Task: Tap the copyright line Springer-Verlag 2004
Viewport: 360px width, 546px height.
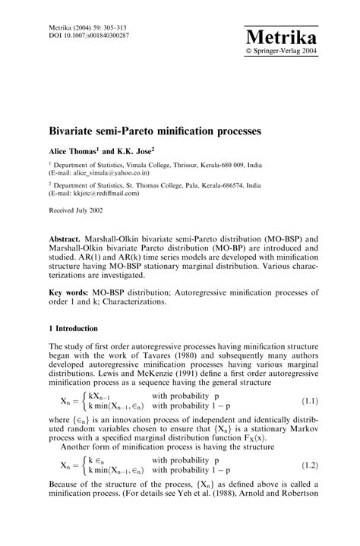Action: [284, 53]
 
